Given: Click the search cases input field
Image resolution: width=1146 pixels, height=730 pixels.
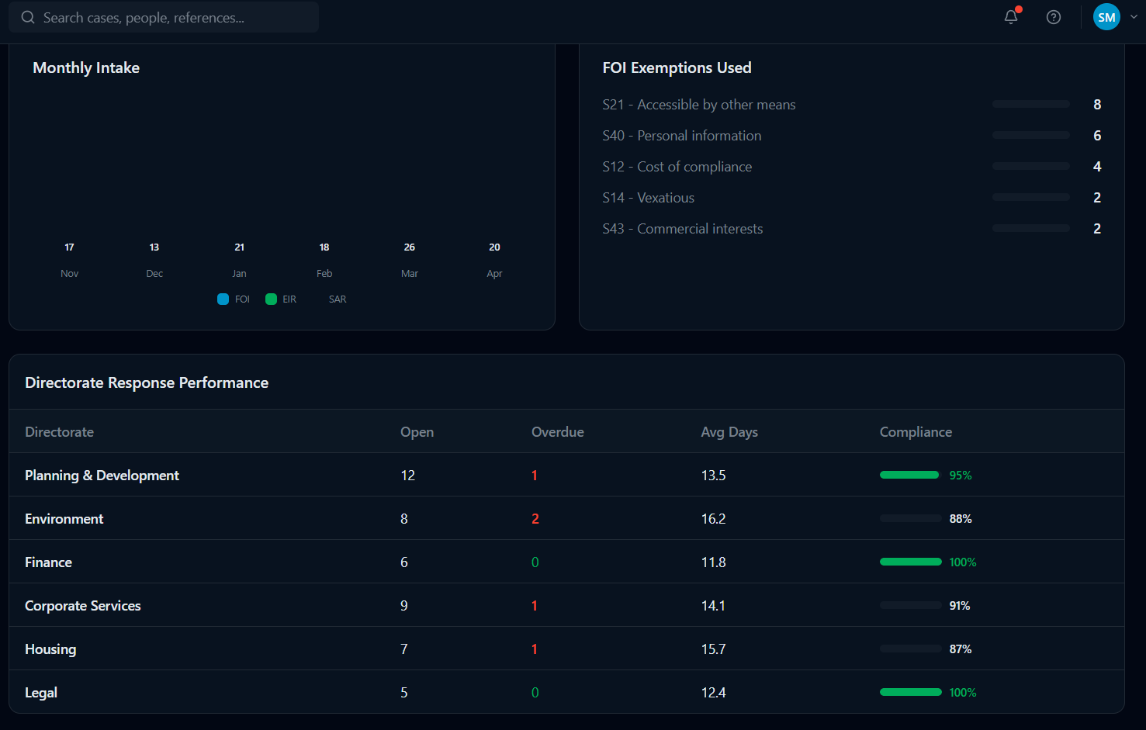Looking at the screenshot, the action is pos(164,17).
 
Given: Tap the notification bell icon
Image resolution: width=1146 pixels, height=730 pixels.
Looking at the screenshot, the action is pos(1011,17).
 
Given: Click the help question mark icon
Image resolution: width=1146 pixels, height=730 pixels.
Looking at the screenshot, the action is pos(1054,17).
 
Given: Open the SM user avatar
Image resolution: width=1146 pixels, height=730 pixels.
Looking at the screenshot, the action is pos(1106,17).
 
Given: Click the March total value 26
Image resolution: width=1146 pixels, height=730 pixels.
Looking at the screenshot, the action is pos(410,247).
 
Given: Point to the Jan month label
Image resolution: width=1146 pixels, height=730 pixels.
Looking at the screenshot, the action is pos(239,274).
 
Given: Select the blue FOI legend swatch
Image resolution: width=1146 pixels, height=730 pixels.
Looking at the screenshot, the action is pos(223,299).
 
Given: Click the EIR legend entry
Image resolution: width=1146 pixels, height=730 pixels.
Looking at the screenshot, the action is pos(281,299).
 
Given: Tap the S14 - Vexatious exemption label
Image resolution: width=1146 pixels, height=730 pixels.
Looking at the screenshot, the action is pos(648,198).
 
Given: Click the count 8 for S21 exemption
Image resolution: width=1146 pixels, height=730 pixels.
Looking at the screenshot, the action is pos(1097,105).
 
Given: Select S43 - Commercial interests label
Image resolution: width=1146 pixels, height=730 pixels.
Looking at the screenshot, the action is pos(683,229).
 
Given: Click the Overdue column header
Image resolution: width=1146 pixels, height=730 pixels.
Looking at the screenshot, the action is pos(558,432).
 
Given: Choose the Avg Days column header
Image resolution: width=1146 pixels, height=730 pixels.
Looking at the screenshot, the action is pos(729,432).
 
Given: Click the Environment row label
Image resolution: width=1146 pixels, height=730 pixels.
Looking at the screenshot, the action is pos(64,519).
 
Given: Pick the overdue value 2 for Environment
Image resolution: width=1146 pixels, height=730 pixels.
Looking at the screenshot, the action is pos(535,519).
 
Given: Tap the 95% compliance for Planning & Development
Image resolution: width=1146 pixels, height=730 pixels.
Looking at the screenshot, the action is pos(961,476).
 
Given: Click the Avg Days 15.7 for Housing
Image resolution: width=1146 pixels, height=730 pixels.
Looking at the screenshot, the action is pos(713,649).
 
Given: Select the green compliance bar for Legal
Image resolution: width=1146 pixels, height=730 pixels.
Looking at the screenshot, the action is pos(911,692).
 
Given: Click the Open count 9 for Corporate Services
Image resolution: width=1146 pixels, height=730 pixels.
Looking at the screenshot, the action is pos(403,606).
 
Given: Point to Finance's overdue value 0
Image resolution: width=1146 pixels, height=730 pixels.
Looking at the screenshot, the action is pos(535,562).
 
